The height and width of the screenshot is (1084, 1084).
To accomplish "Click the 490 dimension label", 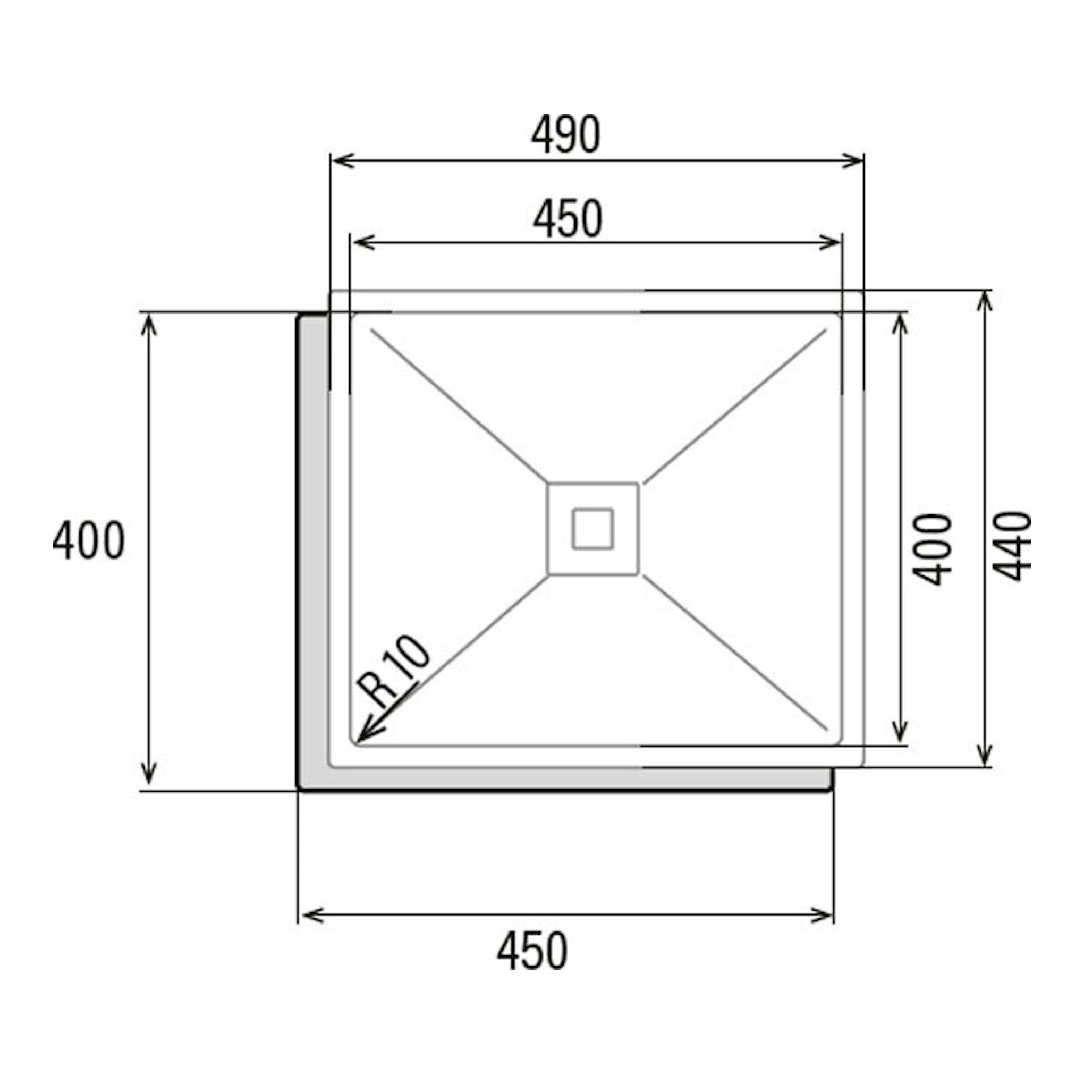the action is point(565,134).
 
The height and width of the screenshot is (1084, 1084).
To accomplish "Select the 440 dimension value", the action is point(1012,546).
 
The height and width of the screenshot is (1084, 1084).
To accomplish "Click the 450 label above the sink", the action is point(568,219).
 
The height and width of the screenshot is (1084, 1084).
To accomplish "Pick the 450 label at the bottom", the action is point(532,950).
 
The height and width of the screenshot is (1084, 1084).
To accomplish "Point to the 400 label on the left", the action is point(89,540).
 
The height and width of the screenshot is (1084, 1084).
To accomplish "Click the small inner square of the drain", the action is point(592,529).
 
